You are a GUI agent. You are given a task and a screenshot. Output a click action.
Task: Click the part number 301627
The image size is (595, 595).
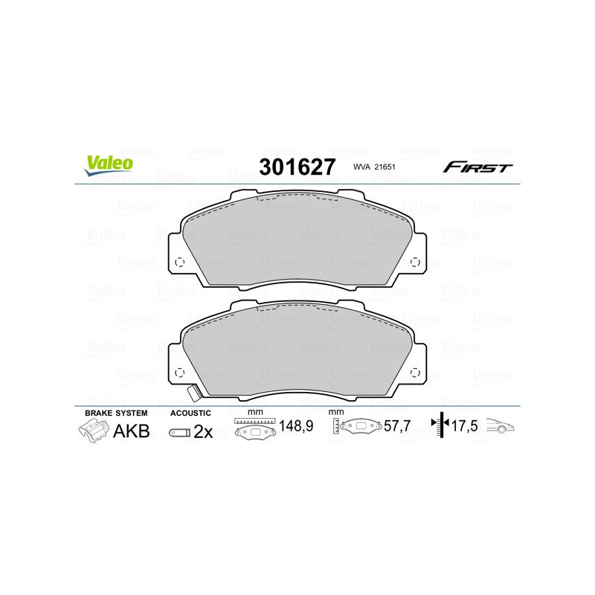297,167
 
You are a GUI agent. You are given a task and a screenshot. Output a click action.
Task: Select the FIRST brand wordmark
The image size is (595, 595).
477,167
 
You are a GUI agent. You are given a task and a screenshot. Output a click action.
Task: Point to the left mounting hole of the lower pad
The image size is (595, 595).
178,373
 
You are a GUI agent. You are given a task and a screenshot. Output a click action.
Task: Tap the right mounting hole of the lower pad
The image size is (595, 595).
415,373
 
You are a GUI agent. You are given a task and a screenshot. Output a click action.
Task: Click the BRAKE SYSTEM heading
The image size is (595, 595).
116,413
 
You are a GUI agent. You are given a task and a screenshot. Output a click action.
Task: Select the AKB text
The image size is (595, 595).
130,431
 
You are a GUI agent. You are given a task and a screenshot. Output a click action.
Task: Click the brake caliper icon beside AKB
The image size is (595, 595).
92,431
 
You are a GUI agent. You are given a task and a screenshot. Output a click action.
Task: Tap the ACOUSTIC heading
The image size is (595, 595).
191,413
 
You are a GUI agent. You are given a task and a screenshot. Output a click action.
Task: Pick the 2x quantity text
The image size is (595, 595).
203,431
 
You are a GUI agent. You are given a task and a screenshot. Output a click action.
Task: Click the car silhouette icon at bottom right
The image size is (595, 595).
501,427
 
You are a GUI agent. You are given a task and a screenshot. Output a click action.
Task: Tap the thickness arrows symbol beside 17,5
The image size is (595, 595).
441,426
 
